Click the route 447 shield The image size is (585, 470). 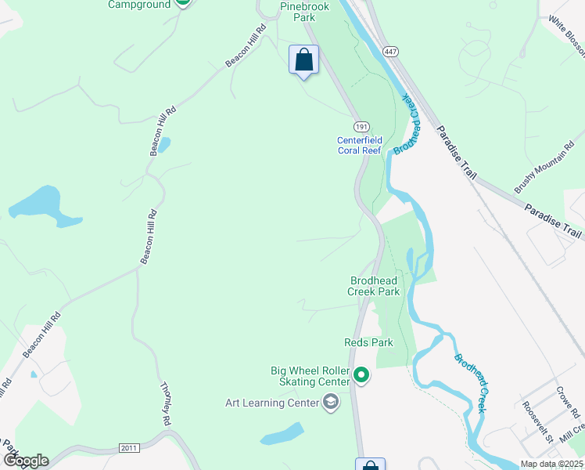390,51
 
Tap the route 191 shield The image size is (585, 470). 361,127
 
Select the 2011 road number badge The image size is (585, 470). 130,448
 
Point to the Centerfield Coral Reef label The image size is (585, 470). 360,145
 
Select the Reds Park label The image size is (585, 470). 368,342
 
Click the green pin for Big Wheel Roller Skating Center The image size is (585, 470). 361,376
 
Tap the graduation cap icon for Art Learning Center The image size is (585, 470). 331,403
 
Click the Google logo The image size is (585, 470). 25,460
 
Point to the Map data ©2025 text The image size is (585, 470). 551,464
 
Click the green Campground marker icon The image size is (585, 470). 181,3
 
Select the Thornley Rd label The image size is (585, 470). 165,404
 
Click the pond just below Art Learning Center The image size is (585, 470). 282,433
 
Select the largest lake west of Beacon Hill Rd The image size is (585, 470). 43,205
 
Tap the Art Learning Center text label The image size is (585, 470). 272,403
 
